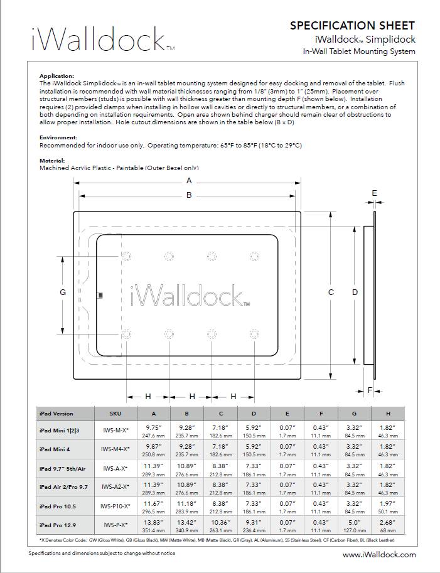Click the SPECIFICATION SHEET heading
[351, 26]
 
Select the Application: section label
[56, 75]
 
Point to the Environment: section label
[58, 137]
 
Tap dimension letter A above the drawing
[189, 181]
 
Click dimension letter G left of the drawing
[62, 292]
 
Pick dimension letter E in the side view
[374, 193]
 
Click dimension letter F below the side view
[370, 390]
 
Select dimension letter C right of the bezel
[331, 292]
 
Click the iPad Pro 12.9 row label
[59, 524]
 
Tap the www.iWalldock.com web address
[379, 555]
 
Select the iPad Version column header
[56, 414]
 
